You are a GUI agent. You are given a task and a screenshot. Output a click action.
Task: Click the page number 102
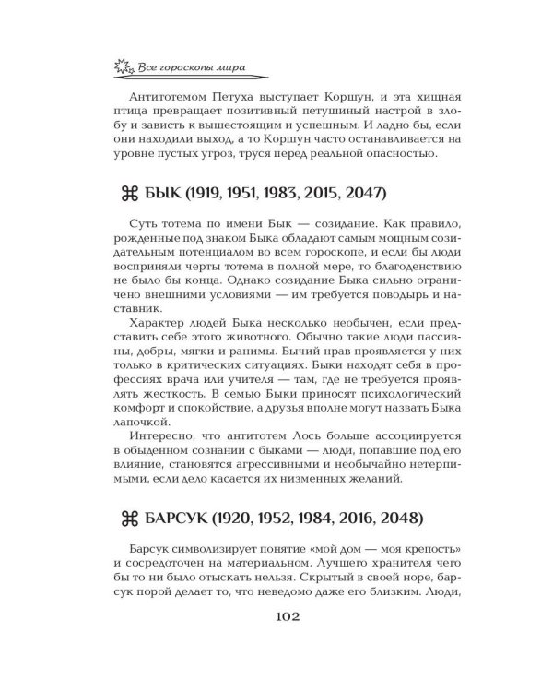[x=277, y=642]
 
